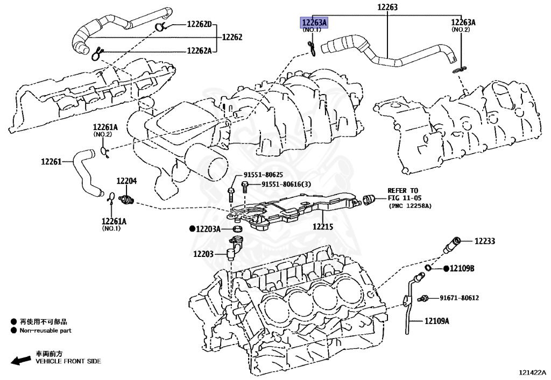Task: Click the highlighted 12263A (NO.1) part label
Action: tap(314, 22)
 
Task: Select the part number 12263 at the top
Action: tap(387, 7)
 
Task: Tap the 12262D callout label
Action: tap(200, 24)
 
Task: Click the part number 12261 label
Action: tap(52, 161)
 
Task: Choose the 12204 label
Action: tap(127, 181)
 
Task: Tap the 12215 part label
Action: tap(323, 227)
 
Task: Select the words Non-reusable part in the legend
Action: tap(46, 331)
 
